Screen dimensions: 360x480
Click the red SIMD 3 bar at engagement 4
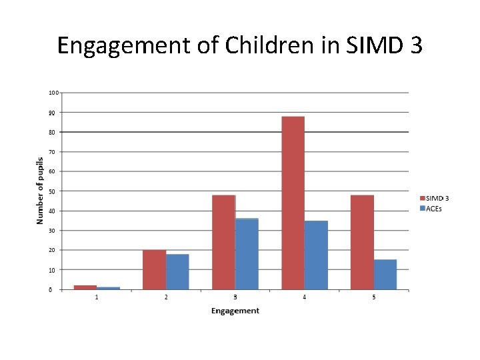tap(293, 203)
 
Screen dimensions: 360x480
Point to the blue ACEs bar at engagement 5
tap(385, 274)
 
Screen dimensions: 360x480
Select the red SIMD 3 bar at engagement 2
tap(154, 269)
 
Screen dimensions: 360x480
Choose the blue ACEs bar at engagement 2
tap(177, 271)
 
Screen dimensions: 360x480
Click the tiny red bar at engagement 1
tap(85, 287)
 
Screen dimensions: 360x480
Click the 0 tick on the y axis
tap(51, 290)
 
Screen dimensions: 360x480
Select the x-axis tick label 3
tap(235, 297)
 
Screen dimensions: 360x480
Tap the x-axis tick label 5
tap(374, 297)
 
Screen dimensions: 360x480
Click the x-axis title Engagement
tap(235, 311)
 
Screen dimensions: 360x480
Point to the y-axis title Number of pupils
tap(40, 191)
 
